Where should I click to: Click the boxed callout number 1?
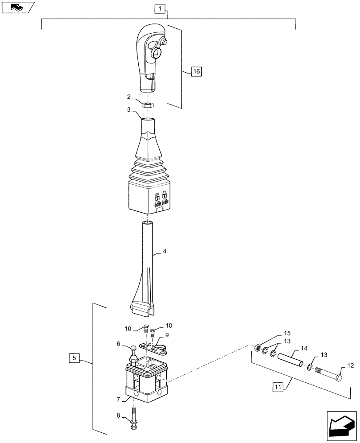coord(160,8)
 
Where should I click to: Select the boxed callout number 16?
coord(196,71)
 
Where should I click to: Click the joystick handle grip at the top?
coord(150,58)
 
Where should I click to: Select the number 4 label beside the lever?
coord(164,251)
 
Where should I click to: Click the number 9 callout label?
coord(167,335)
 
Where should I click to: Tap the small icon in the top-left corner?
coord(18,7)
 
